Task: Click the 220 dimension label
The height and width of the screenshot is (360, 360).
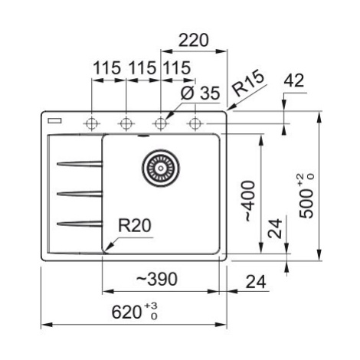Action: [194, 40]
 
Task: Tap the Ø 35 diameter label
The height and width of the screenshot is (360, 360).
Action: [200, 93]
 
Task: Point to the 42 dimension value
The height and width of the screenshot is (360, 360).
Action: [294, 80]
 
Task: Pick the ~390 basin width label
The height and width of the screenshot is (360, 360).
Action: [156, 279]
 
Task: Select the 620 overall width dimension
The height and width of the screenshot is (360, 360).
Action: [135, 312]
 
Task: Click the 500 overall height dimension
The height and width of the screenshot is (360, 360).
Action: [306, 196]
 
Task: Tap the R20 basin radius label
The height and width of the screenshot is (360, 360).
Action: [135, 226]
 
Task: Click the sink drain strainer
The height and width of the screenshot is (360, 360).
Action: [161, 168]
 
